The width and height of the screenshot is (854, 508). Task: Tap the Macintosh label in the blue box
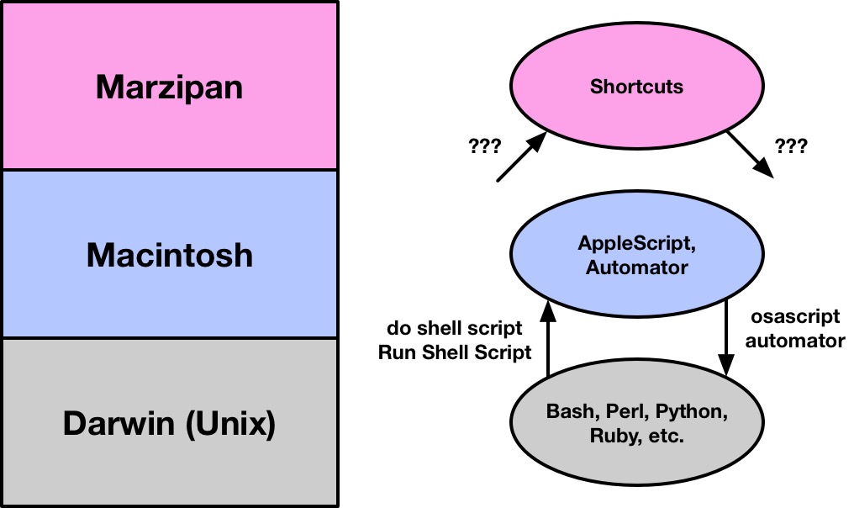pos(169,255)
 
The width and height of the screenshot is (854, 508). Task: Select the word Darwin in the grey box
pos(115,424)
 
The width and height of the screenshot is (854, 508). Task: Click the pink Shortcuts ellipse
pos(636,87)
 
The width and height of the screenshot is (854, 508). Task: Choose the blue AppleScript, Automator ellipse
pos(636,256)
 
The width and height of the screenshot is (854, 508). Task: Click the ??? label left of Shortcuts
pos(483,146)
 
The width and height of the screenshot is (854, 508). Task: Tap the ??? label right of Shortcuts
pos(792,146)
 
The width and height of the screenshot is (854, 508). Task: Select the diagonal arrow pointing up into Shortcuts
pos(522,156)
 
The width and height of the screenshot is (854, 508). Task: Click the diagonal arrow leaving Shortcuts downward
pos(750,155)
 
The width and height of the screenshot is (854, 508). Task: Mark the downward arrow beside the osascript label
pos(727,336)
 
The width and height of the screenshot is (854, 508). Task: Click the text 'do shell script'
pos(455,328)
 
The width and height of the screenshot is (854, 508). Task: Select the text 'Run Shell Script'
pos(455,352)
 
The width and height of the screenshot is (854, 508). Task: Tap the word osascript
pos(794,317)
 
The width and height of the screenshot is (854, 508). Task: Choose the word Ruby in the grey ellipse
pos(609,437)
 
